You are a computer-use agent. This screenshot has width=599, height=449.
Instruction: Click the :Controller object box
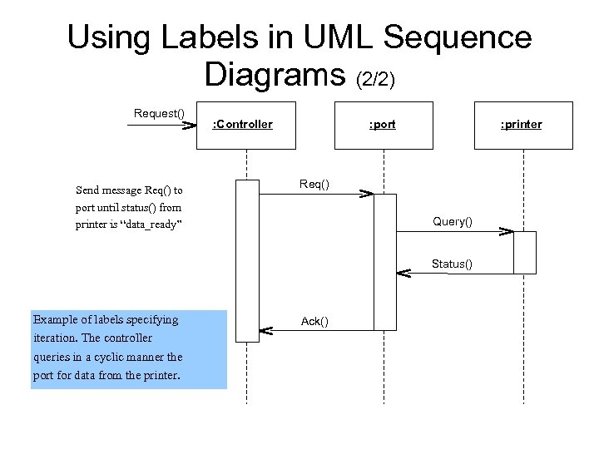245,126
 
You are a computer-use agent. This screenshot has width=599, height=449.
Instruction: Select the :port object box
383,126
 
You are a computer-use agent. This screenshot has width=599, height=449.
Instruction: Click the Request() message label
159,113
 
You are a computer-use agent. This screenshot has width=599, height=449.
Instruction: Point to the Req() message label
314,184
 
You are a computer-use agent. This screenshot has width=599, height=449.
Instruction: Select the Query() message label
453,221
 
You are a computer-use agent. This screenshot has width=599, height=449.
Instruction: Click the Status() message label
452,264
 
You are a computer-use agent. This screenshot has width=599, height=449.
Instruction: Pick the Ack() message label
314,321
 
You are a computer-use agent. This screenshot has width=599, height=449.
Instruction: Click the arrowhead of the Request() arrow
189,126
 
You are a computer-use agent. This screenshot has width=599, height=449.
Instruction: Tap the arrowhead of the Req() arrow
366,194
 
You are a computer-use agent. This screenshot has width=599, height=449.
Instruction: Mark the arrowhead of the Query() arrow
506,231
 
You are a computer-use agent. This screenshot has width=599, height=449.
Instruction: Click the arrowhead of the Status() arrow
403,273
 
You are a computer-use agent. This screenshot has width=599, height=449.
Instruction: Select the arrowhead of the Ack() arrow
265,330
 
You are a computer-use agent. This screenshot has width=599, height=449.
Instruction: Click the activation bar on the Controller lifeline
247,260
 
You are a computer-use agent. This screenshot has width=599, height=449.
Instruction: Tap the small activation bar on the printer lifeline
525,252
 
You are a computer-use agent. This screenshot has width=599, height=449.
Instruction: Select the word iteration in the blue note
55,338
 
